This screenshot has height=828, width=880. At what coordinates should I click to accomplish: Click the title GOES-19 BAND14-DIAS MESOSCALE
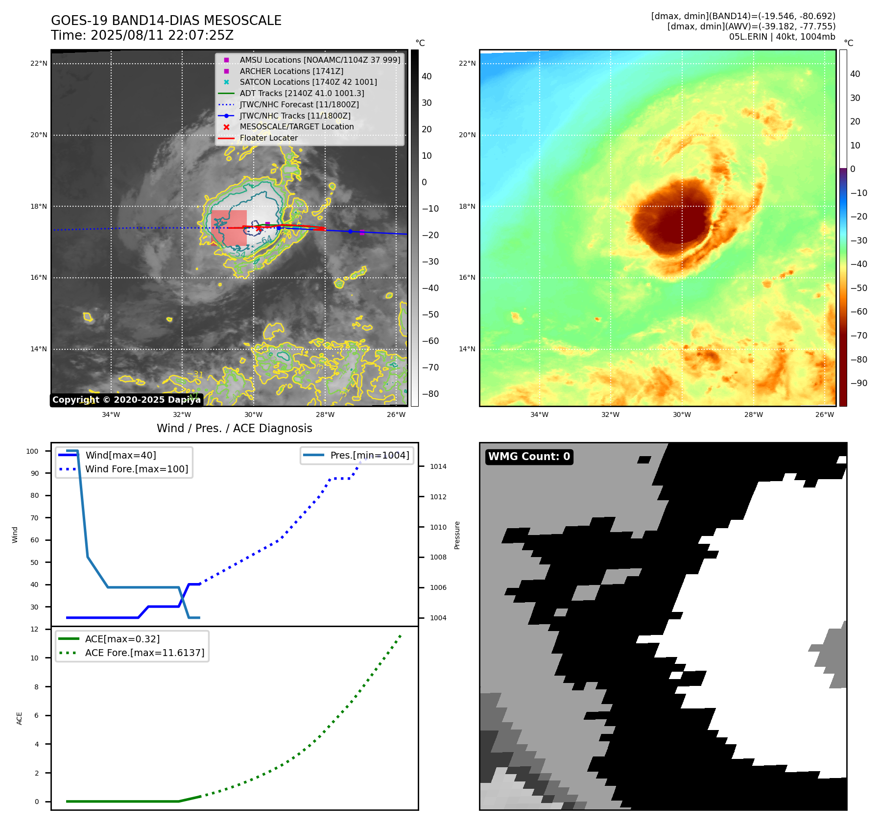coord(166,21)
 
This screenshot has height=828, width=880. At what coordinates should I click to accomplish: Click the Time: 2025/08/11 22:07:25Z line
coord(142,35)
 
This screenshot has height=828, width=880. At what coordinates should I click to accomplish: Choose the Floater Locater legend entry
coord(268,138)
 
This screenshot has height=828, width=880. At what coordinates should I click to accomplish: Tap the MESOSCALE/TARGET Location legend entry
coord(296,126)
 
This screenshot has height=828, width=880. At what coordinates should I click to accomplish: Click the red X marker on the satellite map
coord(259,228)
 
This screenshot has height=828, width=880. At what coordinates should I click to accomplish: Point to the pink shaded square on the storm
coord(229,228)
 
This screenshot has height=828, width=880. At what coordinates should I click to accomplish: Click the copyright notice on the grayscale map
coord(126,400)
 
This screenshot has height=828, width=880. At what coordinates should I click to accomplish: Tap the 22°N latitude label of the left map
coord(39,63)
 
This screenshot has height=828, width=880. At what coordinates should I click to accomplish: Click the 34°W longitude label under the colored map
coord(539,414)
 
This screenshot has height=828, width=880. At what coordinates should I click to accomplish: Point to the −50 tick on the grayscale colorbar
coord(430,314)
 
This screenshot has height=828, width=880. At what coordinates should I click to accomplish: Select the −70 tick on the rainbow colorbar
coord(858,336)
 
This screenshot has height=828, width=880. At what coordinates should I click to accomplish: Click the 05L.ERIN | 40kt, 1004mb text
coord(782,37)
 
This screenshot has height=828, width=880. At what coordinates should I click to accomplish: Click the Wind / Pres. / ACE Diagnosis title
coord(234,428)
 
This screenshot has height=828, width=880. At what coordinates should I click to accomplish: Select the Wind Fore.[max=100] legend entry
coord(137,469)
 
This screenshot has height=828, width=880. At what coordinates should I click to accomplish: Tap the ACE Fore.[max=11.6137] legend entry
coord(144,653)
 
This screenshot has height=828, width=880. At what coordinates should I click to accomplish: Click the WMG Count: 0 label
coord(529,457)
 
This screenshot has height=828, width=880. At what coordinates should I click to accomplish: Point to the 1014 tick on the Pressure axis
coord(438,466)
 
